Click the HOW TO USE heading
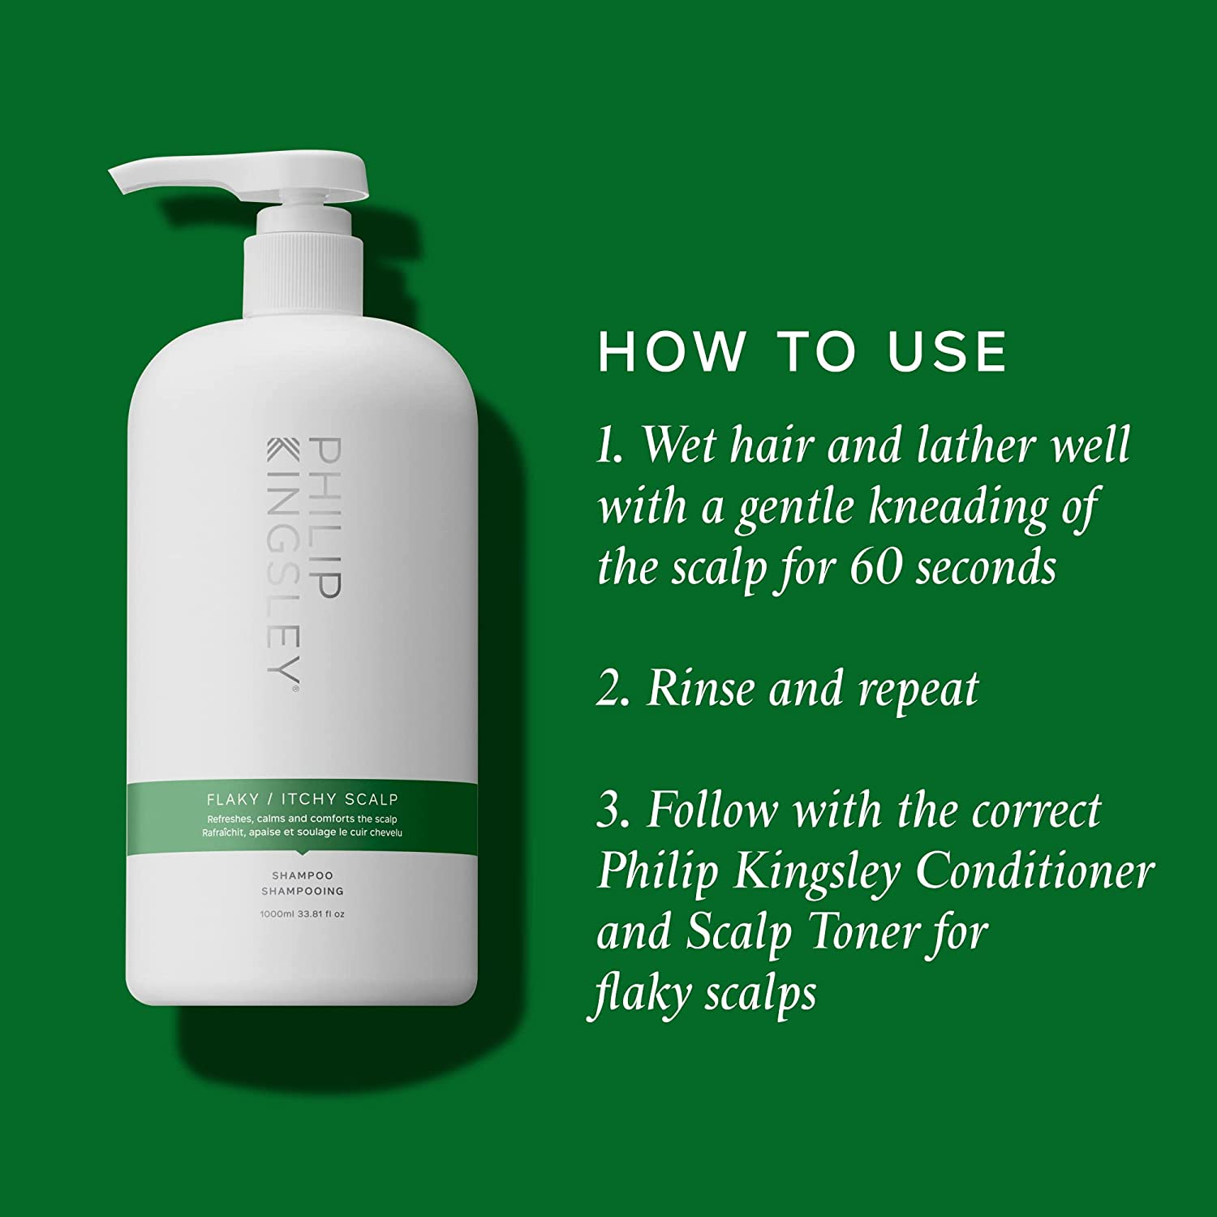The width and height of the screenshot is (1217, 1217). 802,352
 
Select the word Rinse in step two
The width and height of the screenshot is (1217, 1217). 699,690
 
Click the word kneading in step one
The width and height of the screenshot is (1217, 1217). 957,507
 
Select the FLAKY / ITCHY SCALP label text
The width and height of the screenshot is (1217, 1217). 302,799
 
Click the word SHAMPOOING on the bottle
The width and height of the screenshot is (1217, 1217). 302,891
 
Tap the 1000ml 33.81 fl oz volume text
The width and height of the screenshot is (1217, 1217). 302,914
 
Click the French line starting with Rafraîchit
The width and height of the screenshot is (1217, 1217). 302,832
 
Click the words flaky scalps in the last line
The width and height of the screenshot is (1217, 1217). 703,994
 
